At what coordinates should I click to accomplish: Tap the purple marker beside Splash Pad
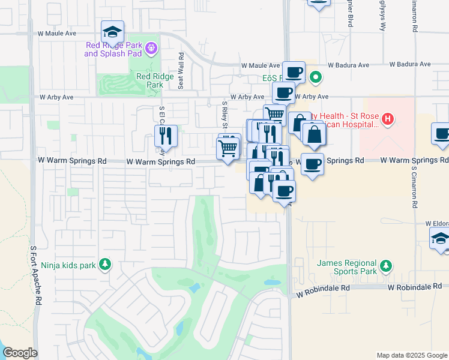click(x=151, y=47)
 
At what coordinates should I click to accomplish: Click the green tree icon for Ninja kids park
click(x=105, y=263)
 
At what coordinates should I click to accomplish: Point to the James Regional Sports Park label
click(x=346, y=267)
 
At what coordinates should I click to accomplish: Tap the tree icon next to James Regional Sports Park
click(x=387, y=265)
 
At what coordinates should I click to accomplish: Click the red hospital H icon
click(x=388, y=119)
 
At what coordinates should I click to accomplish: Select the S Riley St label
click(x=224, y=115)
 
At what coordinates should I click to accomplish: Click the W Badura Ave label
click(x=410, y=64)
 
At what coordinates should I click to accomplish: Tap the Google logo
click(x=20, y=353)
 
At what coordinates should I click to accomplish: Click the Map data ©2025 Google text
click(x=411, y=355)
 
